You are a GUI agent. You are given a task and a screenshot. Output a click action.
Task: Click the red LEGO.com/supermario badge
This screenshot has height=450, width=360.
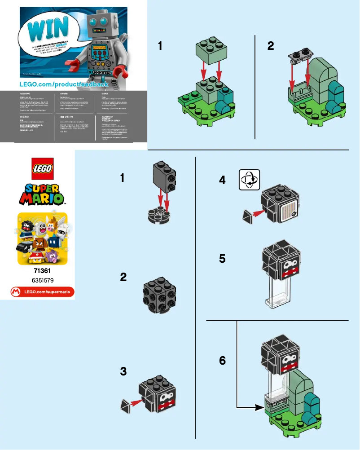tap(43, 292)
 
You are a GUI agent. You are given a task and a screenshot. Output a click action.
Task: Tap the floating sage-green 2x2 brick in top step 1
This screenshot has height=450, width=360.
tap(210, 53)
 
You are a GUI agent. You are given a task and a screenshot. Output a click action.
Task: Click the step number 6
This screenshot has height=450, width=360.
tap(222, 361)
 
